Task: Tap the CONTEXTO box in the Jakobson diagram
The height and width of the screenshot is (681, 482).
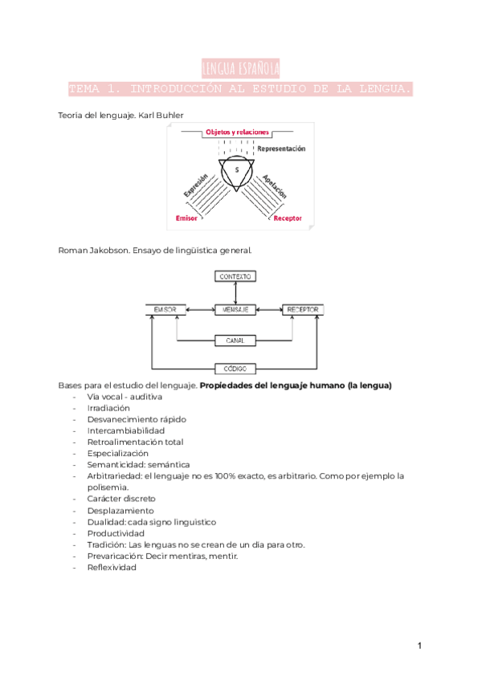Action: (235, 276)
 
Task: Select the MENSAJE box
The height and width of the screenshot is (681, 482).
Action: (235, 309)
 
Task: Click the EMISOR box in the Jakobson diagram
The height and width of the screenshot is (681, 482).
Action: (166, 309)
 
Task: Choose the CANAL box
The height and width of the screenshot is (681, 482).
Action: (235, 340)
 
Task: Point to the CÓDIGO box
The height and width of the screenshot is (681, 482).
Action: (235, 369)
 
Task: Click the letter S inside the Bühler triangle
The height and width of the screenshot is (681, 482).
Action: (237, 170)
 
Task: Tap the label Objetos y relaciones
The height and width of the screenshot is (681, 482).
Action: (236, 133)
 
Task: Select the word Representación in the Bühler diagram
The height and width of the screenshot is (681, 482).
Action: (281, 149)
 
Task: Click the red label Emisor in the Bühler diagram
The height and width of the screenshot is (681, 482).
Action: (186, 218)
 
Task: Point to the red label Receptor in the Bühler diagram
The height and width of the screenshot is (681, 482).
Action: (287, 218)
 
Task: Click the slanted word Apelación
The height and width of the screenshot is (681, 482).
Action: (275, 186)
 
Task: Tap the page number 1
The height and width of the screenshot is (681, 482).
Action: (419, 646)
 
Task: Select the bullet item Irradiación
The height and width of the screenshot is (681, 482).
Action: (108, 408)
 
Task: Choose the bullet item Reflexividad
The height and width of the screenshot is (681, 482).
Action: (112, 567)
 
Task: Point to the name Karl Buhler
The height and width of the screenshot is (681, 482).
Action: (161, 116)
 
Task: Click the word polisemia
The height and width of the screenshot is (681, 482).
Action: (107, 487)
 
